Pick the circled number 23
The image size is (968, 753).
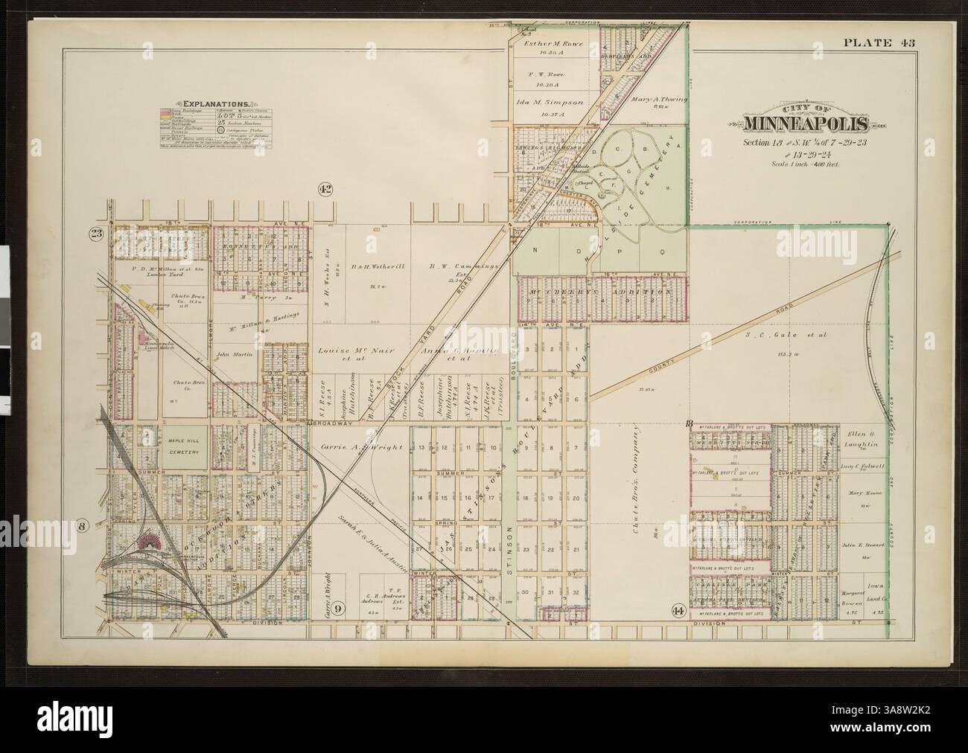[97, 232]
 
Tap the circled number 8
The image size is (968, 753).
[83, 525]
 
